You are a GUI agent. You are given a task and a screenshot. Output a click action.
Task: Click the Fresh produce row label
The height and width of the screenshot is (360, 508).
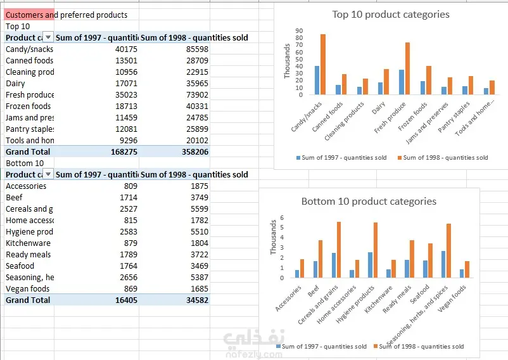[x=29, y=95]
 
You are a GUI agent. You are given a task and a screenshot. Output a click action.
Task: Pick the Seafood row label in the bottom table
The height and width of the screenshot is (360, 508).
[x=20, y=266]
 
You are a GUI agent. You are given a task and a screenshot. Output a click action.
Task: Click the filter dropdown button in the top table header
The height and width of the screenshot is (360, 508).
[x=49, y=38]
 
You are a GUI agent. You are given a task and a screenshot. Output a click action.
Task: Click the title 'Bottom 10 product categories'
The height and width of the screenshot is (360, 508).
[x=369, y=202]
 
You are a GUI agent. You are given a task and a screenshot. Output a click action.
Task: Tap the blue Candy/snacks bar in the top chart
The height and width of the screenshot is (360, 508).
[x=317, y=80]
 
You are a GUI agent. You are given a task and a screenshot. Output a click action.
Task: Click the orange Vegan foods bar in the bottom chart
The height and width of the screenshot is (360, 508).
[x=467, y=269]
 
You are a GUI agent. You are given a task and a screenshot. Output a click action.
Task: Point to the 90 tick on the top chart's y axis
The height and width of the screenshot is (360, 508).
[x=300, y=30]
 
